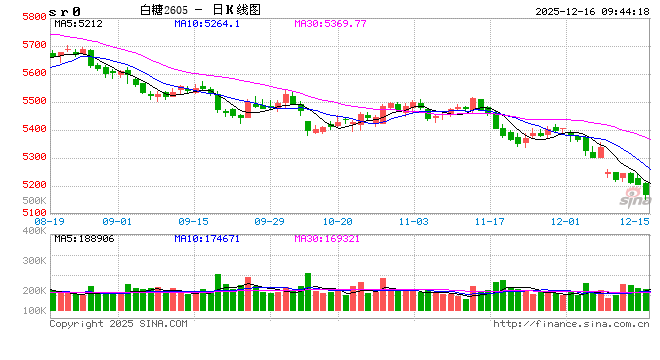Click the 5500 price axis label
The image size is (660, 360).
pyautogui.click(x=33, y=101)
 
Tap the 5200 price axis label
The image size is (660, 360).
pyautogui.click(x=33, y=185)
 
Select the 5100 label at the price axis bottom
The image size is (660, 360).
pyautogui.click(x=33, y=213)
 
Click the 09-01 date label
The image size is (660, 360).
pyautogui.click(x=117, y=221)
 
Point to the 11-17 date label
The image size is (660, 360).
pyautogui.click(x=488, y=221)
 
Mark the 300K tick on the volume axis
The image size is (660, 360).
pyautogui.click(x=33, y=259)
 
